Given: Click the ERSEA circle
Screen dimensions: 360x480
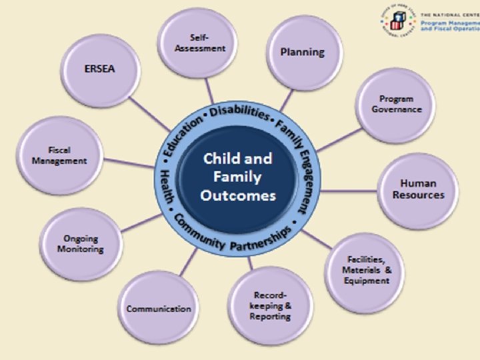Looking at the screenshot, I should [99, 68].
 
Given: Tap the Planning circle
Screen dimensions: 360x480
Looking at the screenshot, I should [302, 52].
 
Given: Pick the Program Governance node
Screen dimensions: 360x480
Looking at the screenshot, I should [396, 104].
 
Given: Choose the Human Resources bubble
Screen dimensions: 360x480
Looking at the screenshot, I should [418, 189].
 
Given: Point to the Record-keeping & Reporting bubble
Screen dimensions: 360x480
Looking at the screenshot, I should [270, 305].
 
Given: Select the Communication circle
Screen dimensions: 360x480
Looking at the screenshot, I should [159, 308].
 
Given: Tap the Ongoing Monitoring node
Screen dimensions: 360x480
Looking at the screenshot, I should [83, 244].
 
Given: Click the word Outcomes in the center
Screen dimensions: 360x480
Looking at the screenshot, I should [237, 196].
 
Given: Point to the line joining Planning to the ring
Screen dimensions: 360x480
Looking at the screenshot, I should [285, 101].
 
